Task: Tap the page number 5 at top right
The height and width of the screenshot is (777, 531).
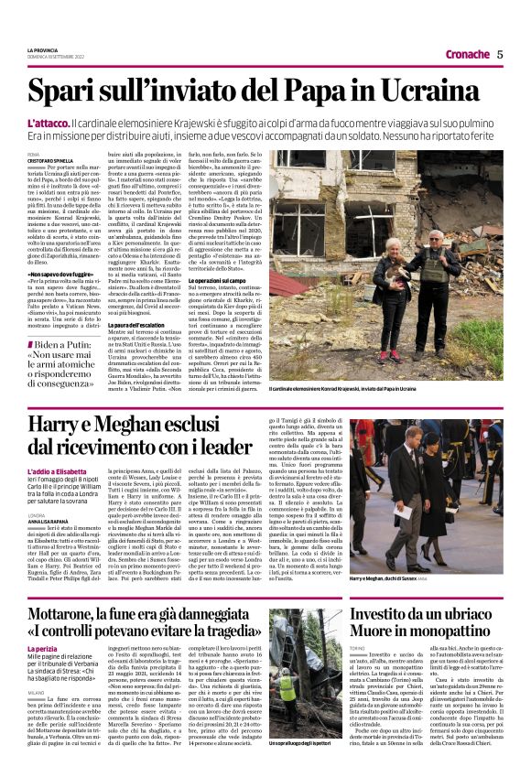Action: click(x=500, y=54)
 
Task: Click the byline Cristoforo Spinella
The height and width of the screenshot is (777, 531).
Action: click(x=51, y=160)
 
